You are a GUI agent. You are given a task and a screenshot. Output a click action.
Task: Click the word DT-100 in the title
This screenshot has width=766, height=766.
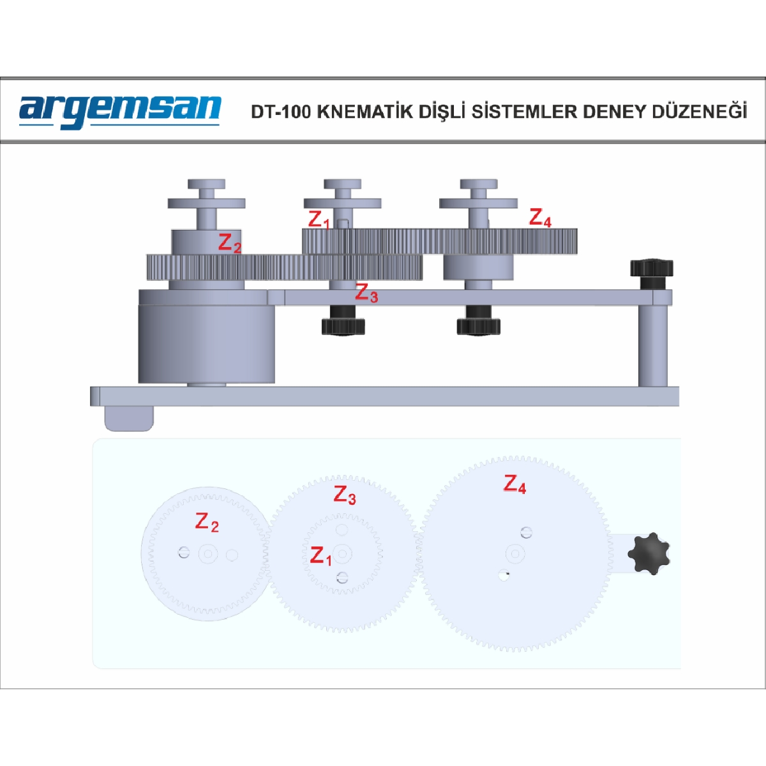coord(281,112)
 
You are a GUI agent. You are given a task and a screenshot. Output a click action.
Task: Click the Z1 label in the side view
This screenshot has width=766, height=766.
coord(319,220)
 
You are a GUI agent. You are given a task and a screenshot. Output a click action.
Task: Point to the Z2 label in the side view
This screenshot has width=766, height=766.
coord(230,243)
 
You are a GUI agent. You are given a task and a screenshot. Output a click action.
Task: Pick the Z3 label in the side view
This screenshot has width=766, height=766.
coord(366,294)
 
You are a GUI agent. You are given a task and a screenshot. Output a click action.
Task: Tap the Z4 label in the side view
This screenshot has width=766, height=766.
coord(540,218)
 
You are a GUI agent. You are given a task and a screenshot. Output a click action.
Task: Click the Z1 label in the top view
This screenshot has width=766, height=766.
coord(321,556)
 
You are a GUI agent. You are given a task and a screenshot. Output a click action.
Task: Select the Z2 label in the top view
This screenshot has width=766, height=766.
coord(207,522)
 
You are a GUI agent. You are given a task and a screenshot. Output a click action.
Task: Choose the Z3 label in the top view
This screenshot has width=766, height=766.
coord(345,495)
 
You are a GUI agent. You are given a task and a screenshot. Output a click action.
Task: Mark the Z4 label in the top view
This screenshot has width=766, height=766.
coord(514,484)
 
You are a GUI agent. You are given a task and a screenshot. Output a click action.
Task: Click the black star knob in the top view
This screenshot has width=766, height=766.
coord(649,553)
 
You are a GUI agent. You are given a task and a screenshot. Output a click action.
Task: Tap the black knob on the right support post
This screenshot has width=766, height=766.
coord(651,274)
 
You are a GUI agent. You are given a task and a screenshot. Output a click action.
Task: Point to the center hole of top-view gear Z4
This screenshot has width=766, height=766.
coord(515,553)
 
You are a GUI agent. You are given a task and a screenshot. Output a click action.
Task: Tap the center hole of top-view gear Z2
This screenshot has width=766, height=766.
coord(208,553)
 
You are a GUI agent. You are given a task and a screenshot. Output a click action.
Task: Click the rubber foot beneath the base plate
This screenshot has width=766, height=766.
coord(129,418)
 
